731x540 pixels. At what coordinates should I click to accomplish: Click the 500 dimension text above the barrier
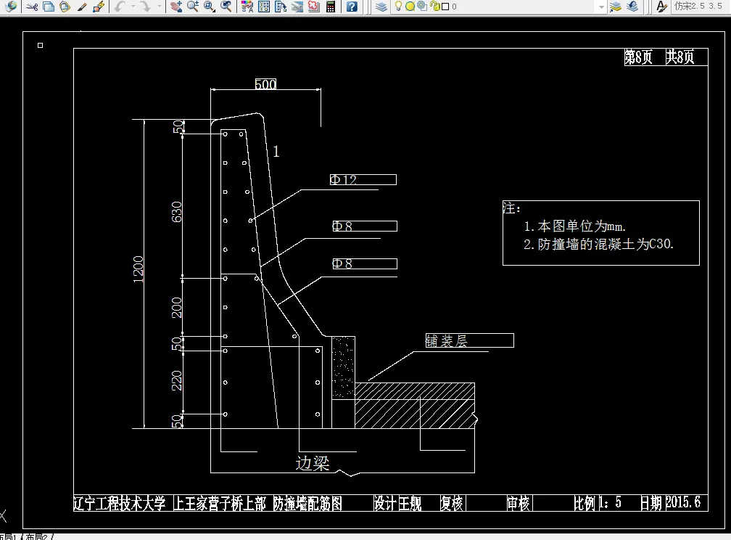tap(265, 85)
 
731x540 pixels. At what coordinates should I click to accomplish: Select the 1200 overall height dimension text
tap(139, 269)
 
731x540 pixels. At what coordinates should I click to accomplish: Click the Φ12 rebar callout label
tap(344, 180)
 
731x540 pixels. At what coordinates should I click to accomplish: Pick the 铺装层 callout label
tap(446, 341)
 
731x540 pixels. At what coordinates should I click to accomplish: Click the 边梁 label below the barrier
tap(313, 463)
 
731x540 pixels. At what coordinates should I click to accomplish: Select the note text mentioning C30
tap(598, 245)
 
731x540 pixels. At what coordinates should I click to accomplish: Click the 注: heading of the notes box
tap(512, 208)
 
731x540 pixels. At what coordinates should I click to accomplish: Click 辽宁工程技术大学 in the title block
tap(120, 503)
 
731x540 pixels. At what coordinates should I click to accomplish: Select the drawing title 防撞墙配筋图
tap(307, 503)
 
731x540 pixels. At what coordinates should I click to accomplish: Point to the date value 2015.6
tap(682, 502)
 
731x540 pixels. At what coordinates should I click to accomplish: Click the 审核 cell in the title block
tap(519, 503)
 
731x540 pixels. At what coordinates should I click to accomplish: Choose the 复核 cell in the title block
tap(452, 503)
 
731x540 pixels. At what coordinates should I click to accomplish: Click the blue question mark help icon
tap(352, 7)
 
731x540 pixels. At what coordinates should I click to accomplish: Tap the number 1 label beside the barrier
tap(276, 152)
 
